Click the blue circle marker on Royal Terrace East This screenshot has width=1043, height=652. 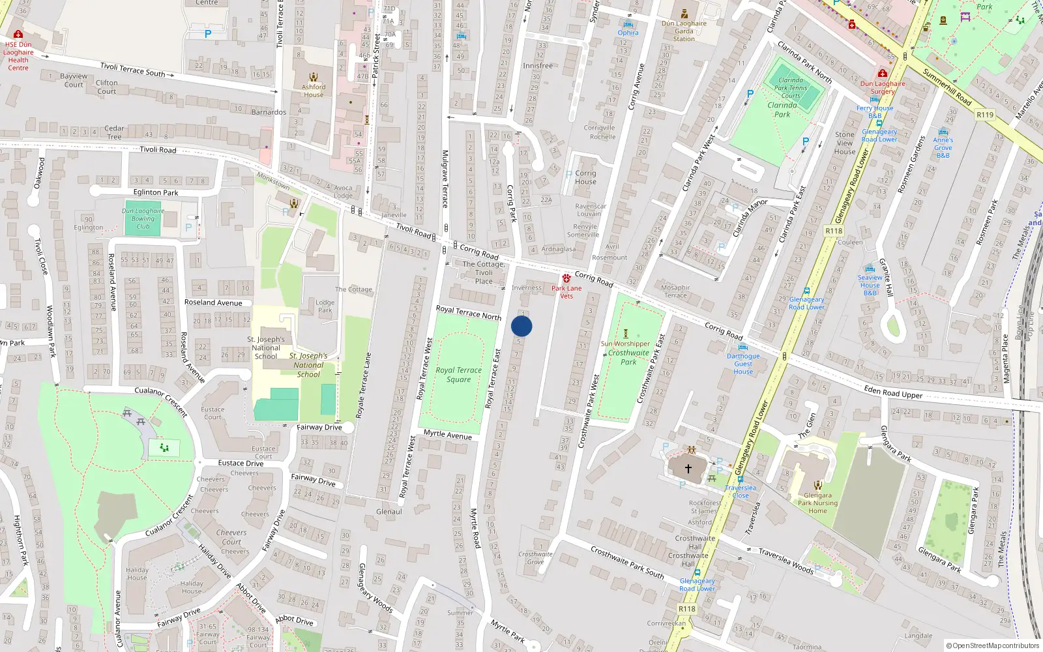coord(521,326)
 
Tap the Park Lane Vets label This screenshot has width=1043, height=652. coord(566,292)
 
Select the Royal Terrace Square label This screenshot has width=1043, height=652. coord(459,375)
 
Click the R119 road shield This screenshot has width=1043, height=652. coord(985,115)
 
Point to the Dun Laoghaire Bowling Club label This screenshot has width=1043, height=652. coord(143,218)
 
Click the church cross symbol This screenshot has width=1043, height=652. coord(688,468)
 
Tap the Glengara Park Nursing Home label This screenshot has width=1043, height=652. coord(817,503)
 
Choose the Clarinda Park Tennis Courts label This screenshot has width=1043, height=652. coord(791,87)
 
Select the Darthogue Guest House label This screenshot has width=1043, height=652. coord(743,364)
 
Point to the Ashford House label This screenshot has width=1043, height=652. coord(314,91)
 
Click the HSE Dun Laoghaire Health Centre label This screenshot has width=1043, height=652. coord(18,56)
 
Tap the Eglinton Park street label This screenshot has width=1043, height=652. coord(156,192)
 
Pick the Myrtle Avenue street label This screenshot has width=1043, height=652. coord(447,434)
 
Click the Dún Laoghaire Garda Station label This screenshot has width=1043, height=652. coord(684,31)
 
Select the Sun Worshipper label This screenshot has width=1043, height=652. coord(625,344)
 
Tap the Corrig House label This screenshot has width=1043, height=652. coord(585,177)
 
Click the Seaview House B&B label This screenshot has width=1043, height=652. coord(870,285)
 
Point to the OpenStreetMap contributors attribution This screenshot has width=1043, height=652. coord(992,645)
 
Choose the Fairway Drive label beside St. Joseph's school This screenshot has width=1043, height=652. coord(319,427)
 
